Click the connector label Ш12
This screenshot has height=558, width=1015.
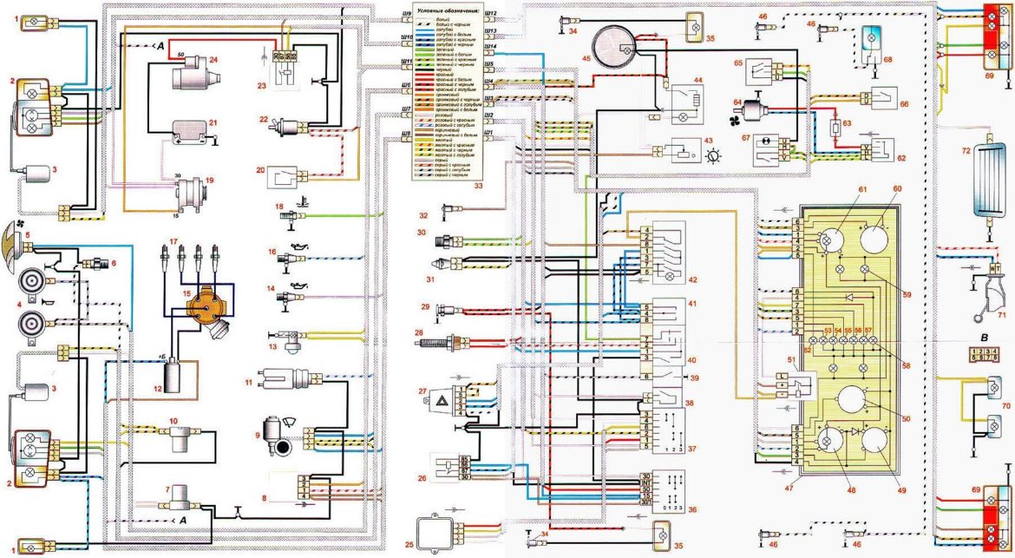point(491,14)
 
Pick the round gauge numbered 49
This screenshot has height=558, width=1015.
point(872,445)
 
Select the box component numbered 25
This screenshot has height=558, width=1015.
point(441,530)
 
